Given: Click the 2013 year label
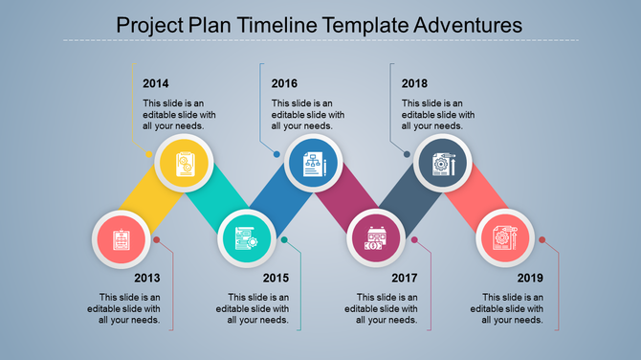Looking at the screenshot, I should click(x=146, y=279).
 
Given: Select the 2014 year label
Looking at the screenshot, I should click(x=156, y=83).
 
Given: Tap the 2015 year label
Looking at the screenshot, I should click(x=276, y=279).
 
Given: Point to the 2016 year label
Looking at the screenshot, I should click(x=285, y=83).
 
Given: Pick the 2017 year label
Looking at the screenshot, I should click(x=405, y=279).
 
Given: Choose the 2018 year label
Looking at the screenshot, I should click(x=414, y=83).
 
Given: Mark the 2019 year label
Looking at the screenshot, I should click(x=530, y=279).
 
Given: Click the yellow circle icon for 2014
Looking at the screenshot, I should click(x=184, y=164).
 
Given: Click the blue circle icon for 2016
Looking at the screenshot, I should click(x=313, y=164).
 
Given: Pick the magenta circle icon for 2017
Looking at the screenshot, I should click(x=376, y=238).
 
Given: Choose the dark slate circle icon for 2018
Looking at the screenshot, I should click(x=443, y=164).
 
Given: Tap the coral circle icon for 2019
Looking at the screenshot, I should click(x=504, y=238).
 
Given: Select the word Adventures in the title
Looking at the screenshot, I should click(x=462, y=24).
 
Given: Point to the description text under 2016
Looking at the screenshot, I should click(x=303, y=114).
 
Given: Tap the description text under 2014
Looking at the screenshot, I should click(x=174, y=114).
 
